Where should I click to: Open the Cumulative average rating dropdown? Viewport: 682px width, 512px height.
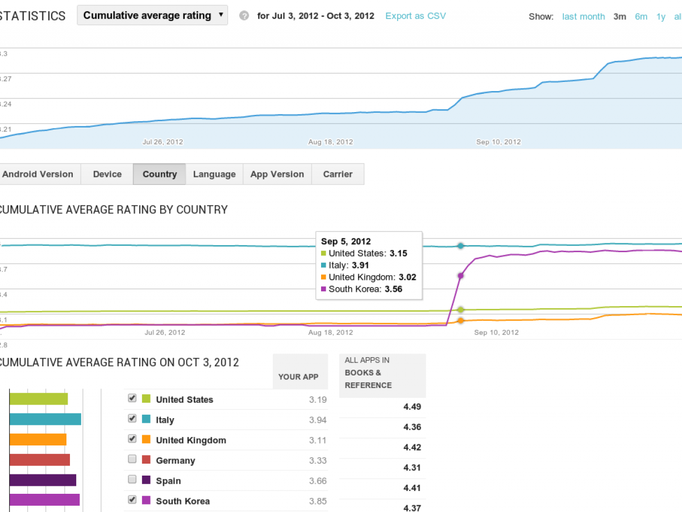pyautogui.click(x=152, y=15)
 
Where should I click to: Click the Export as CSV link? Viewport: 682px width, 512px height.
pyautogui.click(x=415, y=16)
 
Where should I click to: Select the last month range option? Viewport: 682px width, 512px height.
pyautogui.click(x=583, y=16)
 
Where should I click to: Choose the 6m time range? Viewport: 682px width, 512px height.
pyautogui.click(x=641, y=16)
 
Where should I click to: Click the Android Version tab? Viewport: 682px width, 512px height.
pyautogui.click(x=38, y=174)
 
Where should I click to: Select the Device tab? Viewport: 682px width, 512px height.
pyautogui.click(x=107, y=174)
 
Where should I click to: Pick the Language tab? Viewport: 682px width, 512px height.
pyautogui.click(x=214, y=174)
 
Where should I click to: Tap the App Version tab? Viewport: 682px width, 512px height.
pyautogui.click(x=277, y=174)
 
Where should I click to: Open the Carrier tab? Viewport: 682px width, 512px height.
pyautogui.click(x=338, y=174)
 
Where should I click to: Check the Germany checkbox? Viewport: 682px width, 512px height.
pyautogui.click(x=132, y=459)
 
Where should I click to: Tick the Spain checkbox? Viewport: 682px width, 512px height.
pyautogui.click(x=132, y=480)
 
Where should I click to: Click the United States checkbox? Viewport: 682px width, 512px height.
pyautogui.click(x=132, y=398)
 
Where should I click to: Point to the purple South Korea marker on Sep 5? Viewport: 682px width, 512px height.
pyautogui.click(x=460, y=275)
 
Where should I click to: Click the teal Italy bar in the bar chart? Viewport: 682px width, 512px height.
pyautogui.click(x=45, y=419)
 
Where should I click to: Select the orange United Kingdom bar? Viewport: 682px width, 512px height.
pyautogui.click(x=38, y=440)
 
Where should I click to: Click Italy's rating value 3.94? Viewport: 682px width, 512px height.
pyautogui.click(x=318, y=420)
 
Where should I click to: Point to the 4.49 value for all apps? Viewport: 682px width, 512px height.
pyautogui.click(x=412, y=406)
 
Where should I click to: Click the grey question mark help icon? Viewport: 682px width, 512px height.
pyautogui.click(x=244, y=16)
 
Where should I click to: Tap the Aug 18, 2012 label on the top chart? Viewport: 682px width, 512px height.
pyautogui.click(x=331, y=142)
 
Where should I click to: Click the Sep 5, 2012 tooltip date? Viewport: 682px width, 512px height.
pyautogui.click(x=346, y=241)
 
